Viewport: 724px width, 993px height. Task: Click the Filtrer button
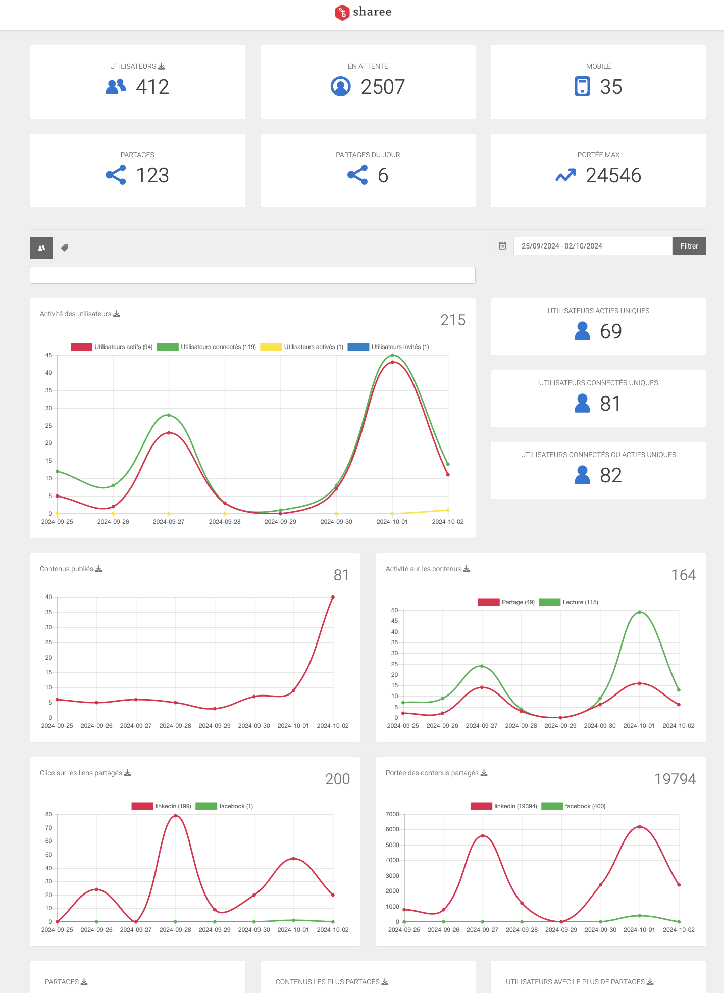[x=689, y=246]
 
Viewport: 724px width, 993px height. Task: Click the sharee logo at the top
[x=363, y=12]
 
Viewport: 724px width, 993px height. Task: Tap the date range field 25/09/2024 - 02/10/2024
[x=592, y=246]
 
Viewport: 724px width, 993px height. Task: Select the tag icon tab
[x=65, y=248]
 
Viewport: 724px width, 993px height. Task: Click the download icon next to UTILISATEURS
[x=162, y=66]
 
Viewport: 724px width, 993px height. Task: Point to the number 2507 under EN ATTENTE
[x=383, y=87]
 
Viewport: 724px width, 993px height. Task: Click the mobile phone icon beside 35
[x=582, y=86]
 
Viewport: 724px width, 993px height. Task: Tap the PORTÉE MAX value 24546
[x=613, y=175]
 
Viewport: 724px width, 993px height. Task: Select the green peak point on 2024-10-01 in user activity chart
[x=392, y=355]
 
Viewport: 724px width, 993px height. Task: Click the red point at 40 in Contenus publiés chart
[x=333, y=597]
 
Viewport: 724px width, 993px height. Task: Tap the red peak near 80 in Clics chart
[x=175, y=816]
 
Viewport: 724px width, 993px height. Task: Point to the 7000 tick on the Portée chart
[x=392, y=814]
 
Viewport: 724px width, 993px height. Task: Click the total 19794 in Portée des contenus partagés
[x=675, y=779]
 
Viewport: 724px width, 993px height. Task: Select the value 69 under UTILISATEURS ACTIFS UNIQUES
[x=610, y=332]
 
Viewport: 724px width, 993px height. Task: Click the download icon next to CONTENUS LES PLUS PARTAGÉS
[x=385, y=982]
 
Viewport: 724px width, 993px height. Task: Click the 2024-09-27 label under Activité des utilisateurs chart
[x=169, y=522]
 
